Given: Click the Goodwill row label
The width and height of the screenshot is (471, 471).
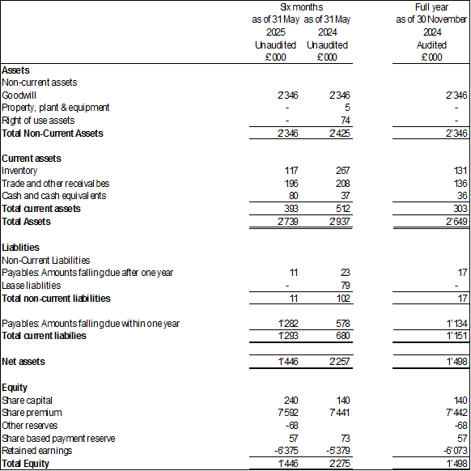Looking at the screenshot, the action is click(x=19, y=95).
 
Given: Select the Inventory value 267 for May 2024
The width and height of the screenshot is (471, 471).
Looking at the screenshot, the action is click(x=343, y=171).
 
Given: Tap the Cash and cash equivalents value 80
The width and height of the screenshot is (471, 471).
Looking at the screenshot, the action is click(x=293, y=196).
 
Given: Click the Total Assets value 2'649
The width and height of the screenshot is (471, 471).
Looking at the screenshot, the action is click(x=456, y=222).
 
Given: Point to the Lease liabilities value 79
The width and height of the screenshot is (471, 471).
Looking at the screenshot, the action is click(x=345, y=286).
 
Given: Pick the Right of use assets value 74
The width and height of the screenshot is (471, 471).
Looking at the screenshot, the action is click(x=345, y=121).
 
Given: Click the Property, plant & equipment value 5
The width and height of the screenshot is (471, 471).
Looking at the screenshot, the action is click(x=347, y=108).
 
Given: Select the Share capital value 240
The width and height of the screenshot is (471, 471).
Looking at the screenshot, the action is click(x=291, y=401).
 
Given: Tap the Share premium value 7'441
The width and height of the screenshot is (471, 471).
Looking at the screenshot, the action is click(x=339, y=413).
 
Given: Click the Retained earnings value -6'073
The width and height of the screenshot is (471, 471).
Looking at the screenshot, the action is click(x=456, y=451).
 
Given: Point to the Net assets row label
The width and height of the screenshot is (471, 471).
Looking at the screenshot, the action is click(x=23, y=362).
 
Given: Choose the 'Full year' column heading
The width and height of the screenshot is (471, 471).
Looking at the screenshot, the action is click(x=431, y=7).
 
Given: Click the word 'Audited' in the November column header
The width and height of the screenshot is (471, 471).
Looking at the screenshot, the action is click(x=431, y=45).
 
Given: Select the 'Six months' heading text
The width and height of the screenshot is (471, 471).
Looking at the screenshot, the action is click(x=302, y=7).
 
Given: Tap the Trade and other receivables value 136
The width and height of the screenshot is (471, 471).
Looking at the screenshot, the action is click(x=460, y=183).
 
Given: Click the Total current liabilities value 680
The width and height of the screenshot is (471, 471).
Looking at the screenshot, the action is click(x=343, y=336).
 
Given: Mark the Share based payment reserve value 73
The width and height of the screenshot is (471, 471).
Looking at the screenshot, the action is click(x=345, y=439).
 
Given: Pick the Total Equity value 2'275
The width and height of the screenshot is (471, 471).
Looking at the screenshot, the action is click(x=339, y=464).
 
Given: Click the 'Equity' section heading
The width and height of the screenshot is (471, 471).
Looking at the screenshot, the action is click(x=15, y=388).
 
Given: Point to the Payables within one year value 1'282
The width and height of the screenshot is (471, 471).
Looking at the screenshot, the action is click(x=288, y=324).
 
